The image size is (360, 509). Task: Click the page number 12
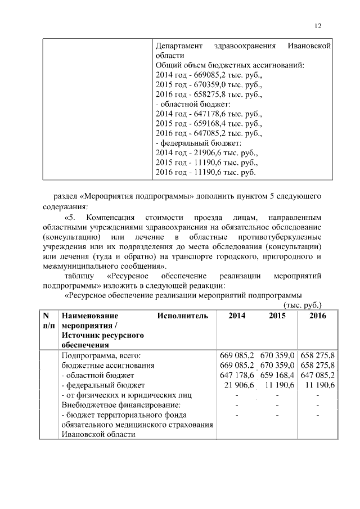(318, 26)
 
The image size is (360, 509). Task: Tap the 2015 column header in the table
(277, 316)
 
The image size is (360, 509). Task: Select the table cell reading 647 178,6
(237, 375)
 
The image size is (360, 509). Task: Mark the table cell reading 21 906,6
(240, 385)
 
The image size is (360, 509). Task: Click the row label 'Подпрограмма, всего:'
(101, 355)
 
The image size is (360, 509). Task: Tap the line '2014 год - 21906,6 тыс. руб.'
(206, 152)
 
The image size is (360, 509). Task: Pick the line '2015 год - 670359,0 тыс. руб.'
(208, 84)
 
